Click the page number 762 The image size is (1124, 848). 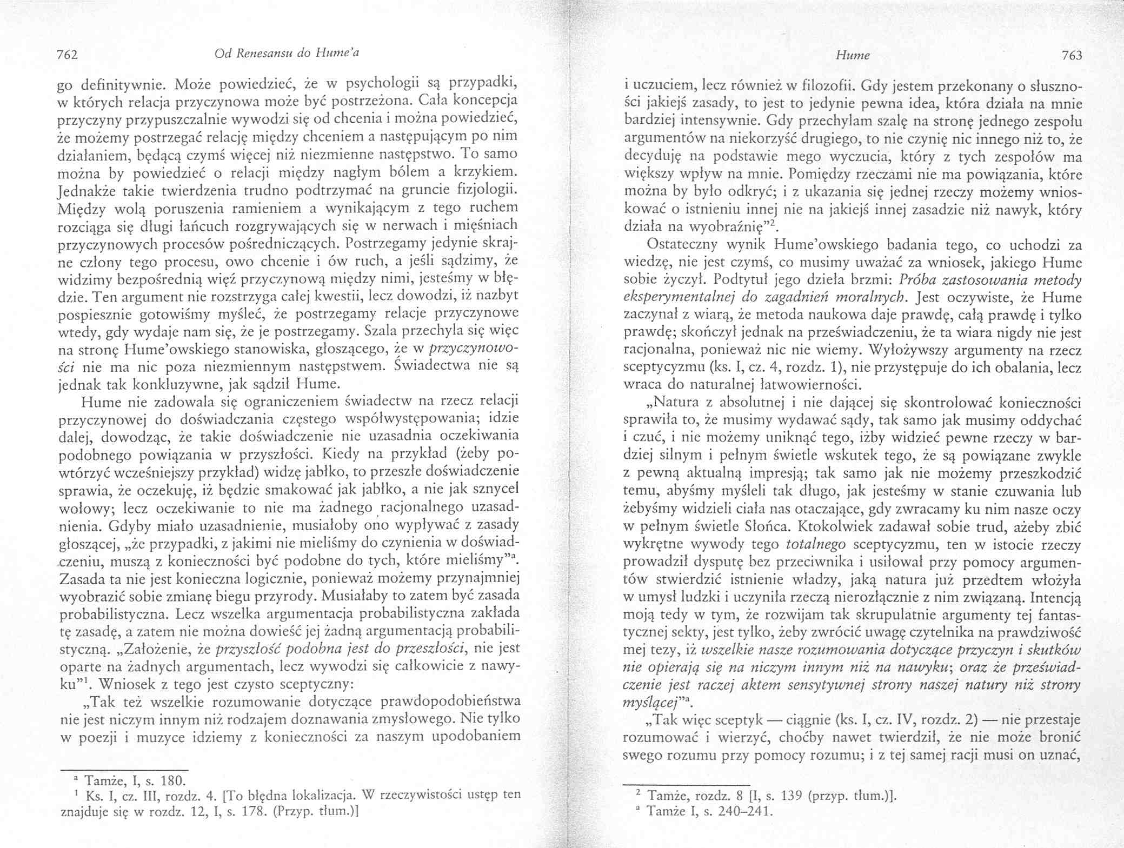(x=69, y=55)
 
